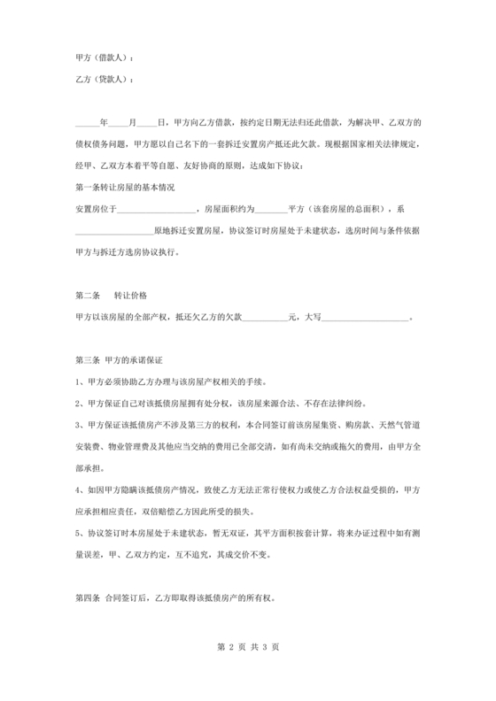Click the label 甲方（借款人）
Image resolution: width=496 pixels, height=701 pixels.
pyautogui.click(x=105, y=58)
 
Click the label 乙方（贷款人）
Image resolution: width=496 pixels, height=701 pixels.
pyautogui.click(x=105, y=80)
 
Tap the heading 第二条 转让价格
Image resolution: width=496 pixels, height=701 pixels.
pyautogui.click(x=112, y=294)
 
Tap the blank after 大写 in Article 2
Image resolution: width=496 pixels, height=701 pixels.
pyautogui.click(x=370, y=315)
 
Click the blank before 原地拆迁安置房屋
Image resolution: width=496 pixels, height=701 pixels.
pyautogui.click(x=114, y=230)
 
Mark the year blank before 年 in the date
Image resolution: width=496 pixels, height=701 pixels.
pyautogui.click(x=87, y=123)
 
